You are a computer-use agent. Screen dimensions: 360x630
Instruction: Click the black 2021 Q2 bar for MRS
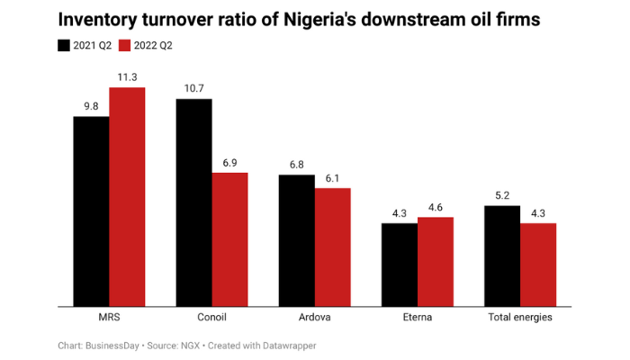coord(91,211)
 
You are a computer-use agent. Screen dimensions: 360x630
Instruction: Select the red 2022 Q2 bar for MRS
coord(127,197)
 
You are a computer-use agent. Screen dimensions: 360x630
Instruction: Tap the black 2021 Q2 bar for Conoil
coord(193,202)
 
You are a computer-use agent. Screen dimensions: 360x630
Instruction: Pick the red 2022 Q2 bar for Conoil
coord(229,239)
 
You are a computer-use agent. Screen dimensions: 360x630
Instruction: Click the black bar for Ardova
coord(296,240)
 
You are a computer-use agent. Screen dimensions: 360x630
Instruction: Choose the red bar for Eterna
coord(436,262)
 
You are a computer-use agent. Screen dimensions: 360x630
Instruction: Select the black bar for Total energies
coord(502,256)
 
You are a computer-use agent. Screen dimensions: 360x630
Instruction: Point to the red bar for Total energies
coord(538,265)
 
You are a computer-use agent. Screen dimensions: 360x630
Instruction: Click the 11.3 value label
coord(127,77)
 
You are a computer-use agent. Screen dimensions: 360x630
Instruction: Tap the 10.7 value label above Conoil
coord(193,88)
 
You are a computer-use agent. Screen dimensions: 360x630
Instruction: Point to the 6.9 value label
coord(229,162)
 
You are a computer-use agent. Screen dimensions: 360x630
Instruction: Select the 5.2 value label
coord(502,195)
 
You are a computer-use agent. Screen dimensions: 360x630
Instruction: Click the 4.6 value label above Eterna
coord(436,207)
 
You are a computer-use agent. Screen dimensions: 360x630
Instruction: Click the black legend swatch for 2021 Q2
coord(64,45)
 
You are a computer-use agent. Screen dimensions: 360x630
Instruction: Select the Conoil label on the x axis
coord(211,318)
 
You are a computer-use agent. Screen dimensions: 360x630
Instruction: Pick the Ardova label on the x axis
coord(314,318)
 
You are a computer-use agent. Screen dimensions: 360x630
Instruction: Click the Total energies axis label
coord(520,318)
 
